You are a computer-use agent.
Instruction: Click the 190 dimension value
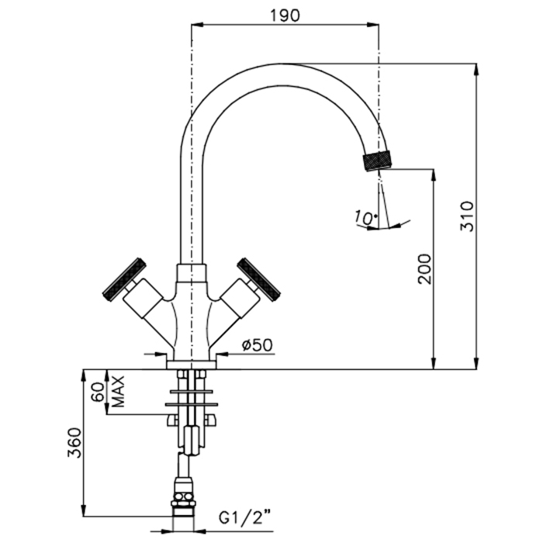pos(285,16)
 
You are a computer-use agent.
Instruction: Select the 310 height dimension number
pos(467,216)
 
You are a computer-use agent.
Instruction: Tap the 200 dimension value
pos(425,269)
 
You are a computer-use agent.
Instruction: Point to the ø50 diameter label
pos(258,345)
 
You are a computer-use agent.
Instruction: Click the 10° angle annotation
pos(365,217)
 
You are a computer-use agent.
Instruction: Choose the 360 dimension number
pos(74,443)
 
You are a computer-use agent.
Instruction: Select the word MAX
pos(118,392)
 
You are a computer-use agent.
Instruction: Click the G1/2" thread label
pos(244,518)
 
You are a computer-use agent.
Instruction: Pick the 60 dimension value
pos(98,392)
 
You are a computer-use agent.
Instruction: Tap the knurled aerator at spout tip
pos(377,161)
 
